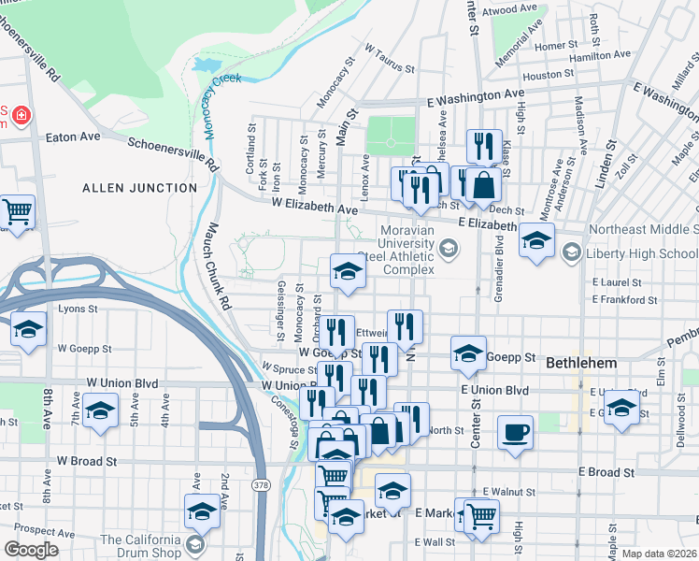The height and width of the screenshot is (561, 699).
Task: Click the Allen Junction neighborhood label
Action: (x=139, y=188)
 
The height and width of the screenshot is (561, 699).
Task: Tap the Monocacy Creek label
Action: (x=210, y=103)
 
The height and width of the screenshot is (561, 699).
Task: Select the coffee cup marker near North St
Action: (x=515, y=433)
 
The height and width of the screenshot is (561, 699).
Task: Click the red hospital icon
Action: (x=19, y=116)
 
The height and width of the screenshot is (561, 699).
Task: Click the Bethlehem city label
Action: (x=580, y=361)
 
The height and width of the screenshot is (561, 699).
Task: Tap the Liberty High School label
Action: (x=635, y=252)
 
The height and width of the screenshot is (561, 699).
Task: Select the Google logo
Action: (x=32, y=549)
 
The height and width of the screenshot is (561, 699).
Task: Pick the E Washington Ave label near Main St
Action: (x=476, y=95)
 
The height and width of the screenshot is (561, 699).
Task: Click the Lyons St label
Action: (x=78, y=308)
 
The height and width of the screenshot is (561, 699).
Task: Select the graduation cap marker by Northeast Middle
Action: (x=536, y=240)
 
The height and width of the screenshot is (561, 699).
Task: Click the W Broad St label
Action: (x=86, y=461)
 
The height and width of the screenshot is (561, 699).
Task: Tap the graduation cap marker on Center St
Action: (x=467, y=352)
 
